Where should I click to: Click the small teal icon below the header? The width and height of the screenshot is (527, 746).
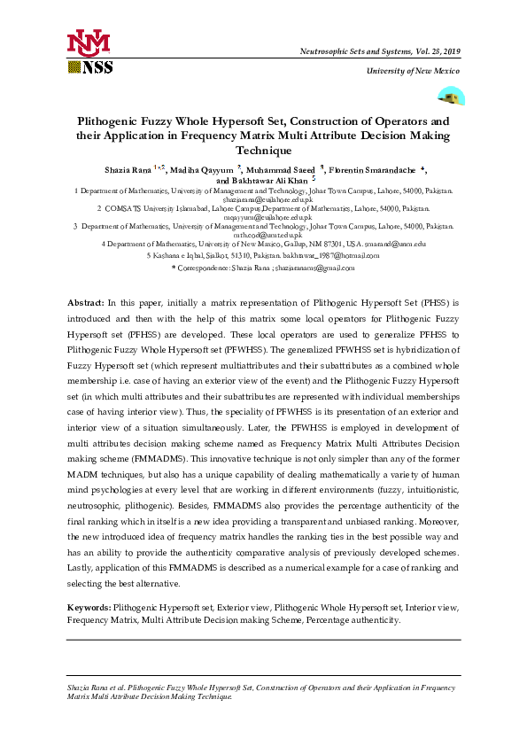click(x=452, y=97)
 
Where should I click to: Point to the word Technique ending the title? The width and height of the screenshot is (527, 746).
click(x=263, y=152)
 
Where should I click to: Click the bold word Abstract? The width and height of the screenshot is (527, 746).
click(x=87, y=303)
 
